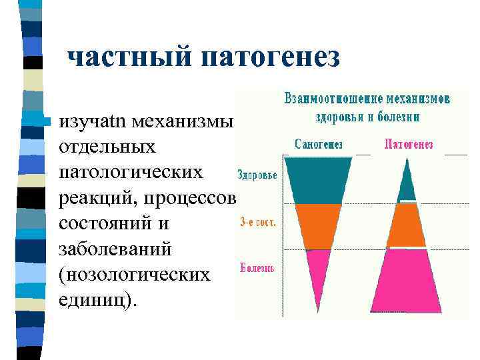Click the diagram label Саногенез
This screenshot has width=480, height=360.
tap(318, 144)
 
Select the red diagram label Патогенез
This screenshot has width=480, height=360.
tap(409, 144)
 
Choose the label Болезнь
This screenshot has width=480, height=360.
tap(257, 269)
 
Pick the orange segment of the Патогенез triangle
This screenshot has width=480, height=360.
tap(406, 225)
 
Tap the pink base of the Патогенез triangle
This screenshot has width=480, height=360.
tap(406, 280)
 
